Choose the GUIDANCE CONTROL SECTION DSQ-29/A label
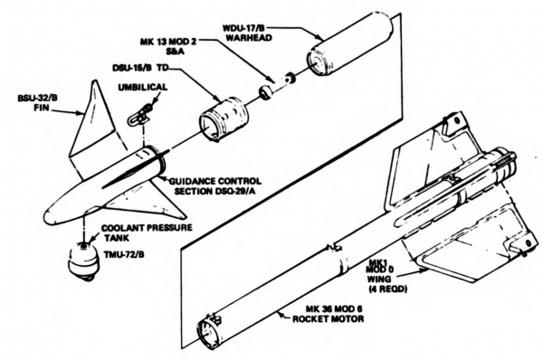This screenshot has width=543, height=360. pyautogui.click(x=215, y=184)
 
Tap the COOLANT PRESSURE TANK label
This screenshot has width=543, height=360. pyautogui.click(x=145, y=232)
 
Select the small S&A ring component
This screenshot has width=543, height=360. pyautogui.click(x=268, y=91)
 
